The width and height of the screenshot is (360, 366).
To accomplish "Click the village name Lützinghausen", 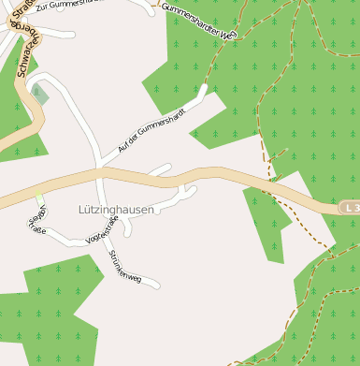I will pos(116,210).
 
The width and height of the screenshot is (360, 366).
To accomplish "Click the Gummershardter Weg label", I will pos(199,20).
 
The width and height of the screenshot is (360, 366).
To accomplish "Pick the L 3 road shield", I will pos(351,206).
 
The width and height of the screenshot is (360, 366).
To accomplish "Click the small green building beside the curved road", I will pos(39,94).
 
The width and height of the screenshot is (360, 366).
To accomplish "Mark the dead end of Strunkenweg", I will pos(158,285).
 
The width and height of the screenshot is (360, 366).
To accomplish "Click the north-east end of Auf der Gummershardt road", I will pos(205,90).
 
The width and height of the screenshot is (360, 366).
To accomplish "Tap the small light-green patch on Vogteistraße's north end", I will pos(39,198).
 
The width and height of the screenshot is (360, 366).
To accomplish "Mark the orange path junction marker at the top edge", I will pos(155,3).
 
